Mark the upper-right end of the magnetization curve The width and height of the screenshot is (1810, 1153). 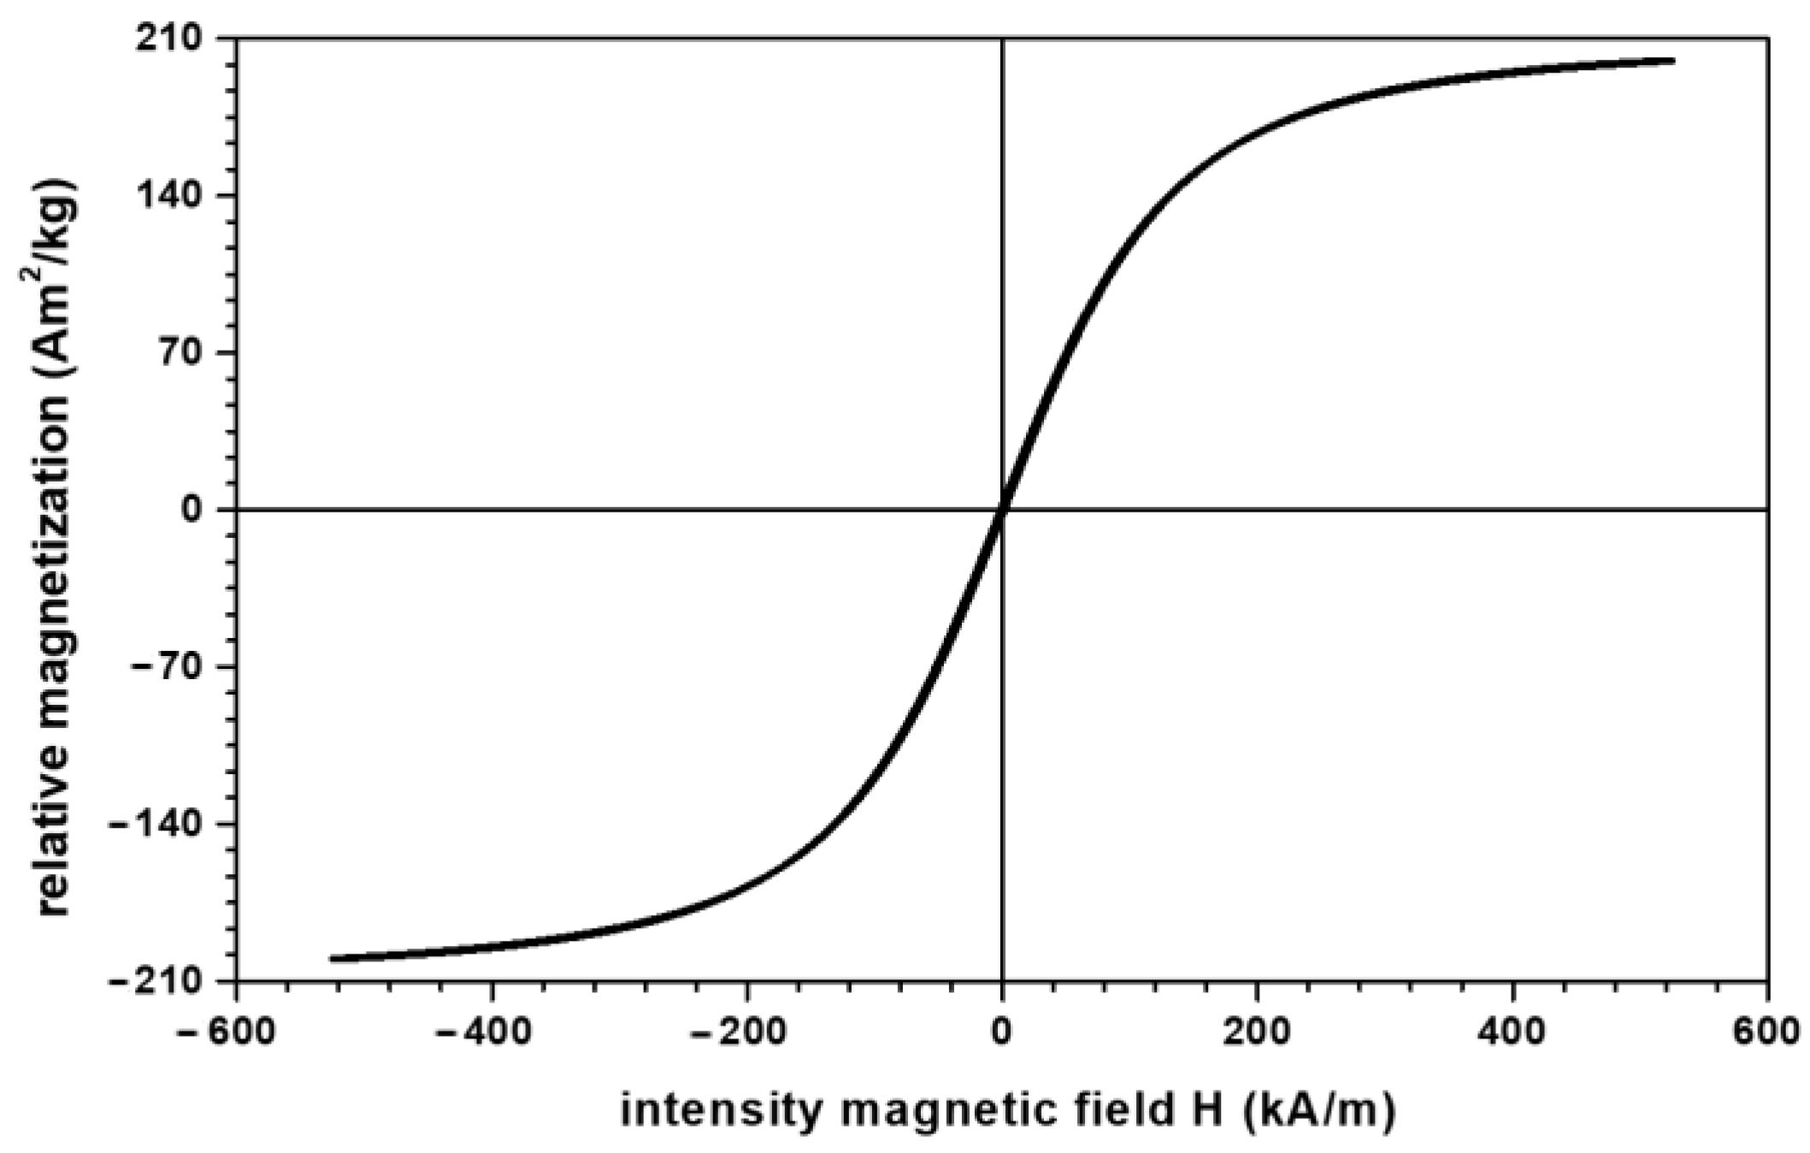pyautogui.click(x=1671, y=61)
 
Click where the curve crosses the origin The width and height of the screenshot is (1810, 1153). pyautogui.click(x=1001, y=510)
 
